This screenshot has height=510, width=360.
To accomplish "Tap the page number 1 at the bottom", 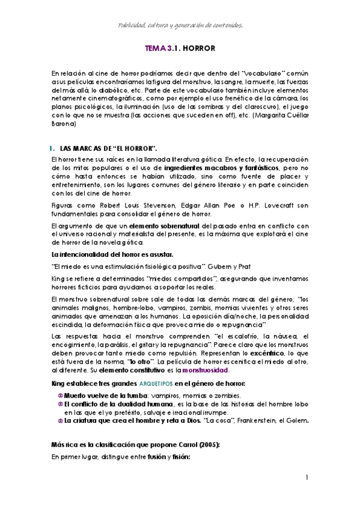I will coord(306,478).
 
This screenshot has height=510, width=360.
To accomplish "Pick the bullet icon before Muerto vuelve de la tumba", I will coord(60,396).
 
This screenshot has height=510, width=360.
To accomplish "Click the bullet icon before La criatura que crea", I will coord(60,421).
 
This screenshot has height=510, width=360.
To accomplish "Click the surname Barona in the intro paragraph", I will coord(64,124).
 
